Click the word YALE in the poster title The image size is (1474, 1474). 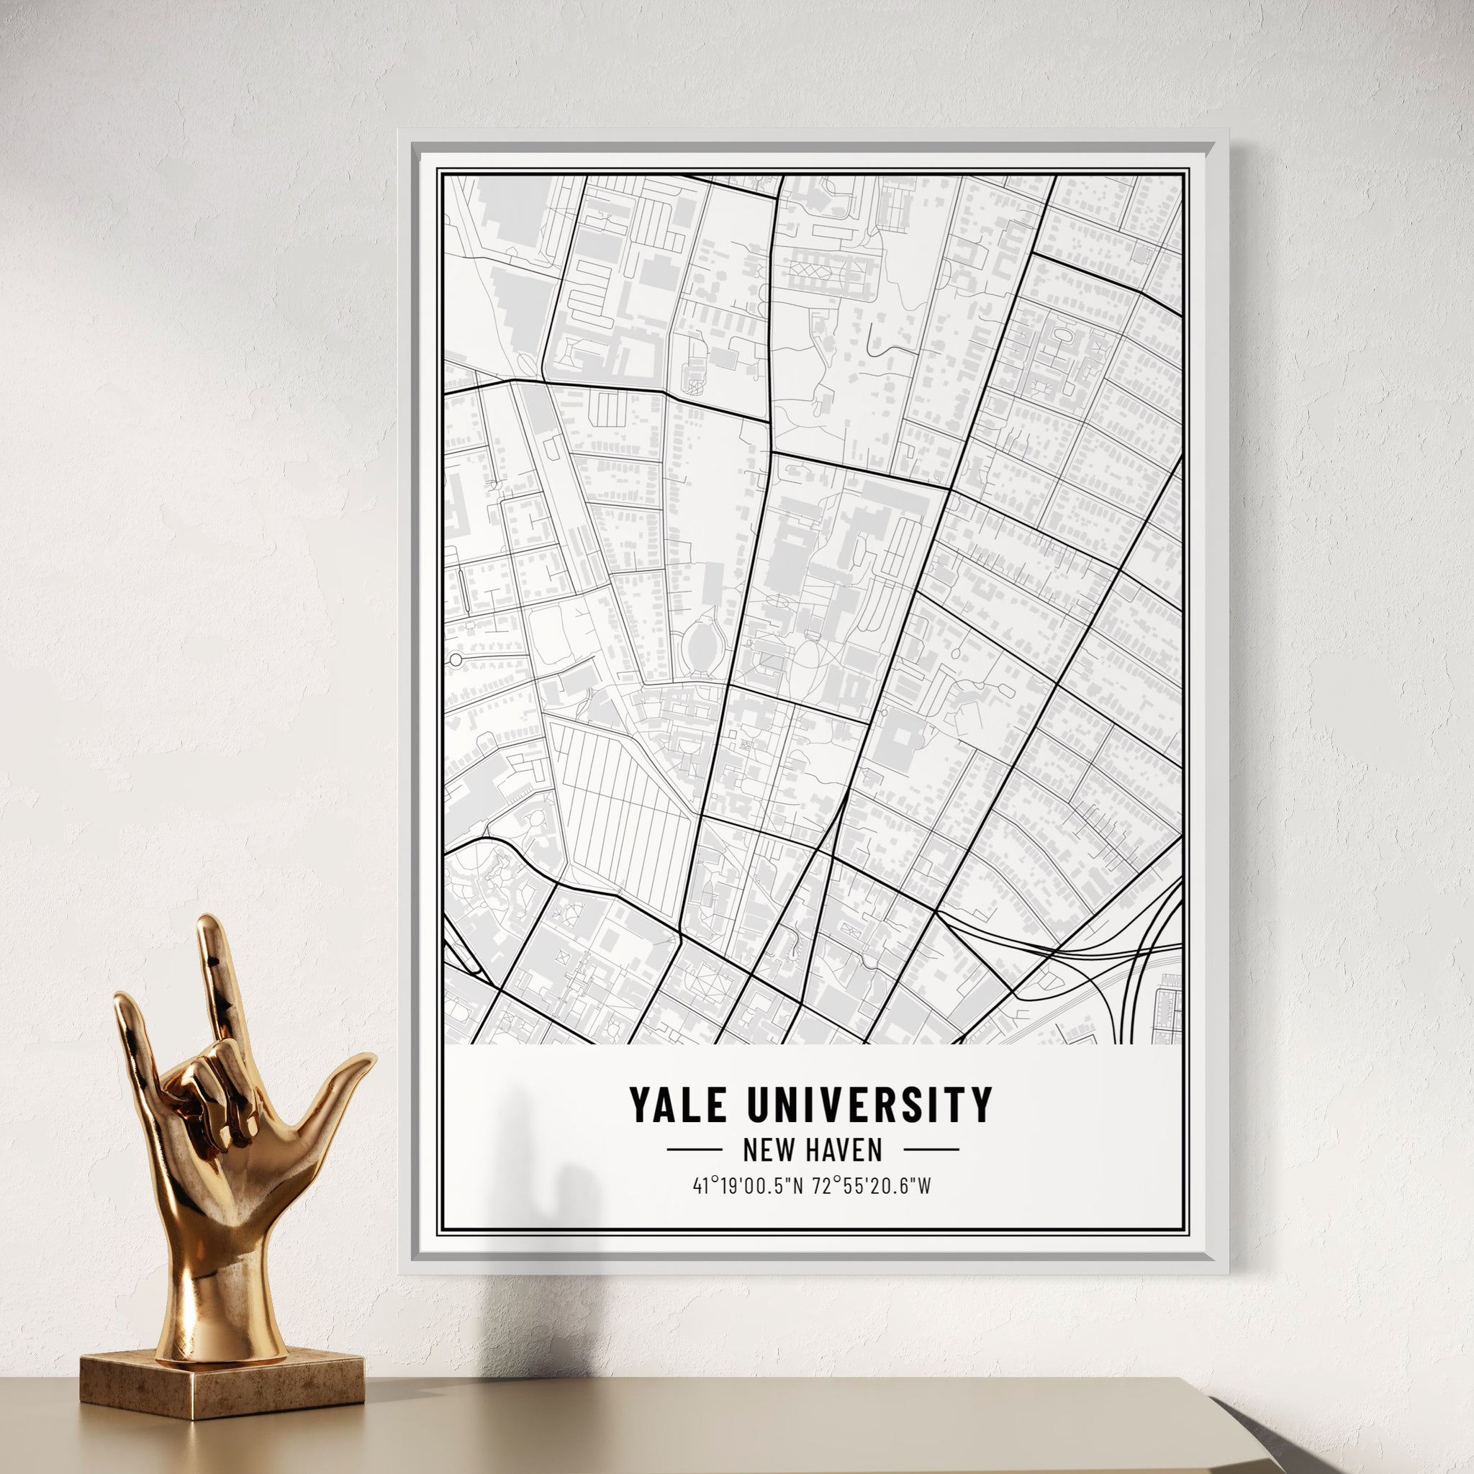(x=677, y=1105)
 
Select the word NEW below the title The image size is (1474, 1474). (x=764, y=1149)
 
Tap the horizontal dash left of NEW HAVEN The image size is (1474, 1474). (x=695, y=1149)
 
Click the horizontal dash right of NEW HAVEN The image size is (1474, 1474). (x=931, y=1149)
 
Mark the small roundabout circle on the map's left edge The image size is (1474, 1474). (x=456, y=659)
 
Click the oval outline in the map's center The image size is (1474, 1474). (x=703, y=645)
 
